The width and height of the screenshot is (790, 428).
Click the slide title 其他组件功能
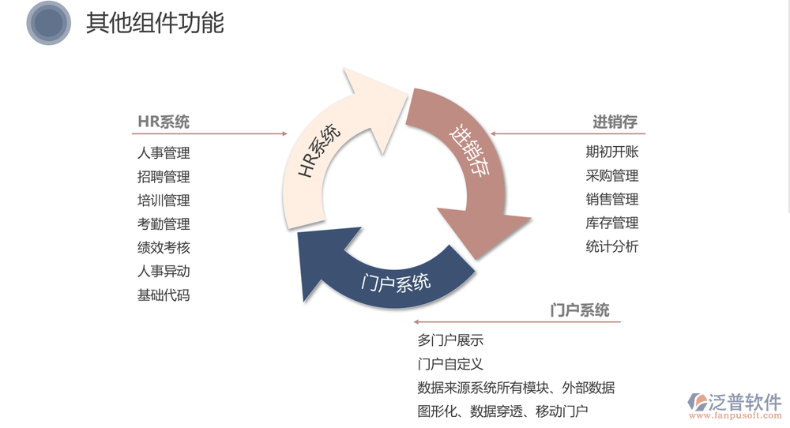[x=155, y=23]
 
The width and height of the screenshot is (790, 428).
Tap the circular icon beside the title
[x=49, y=23]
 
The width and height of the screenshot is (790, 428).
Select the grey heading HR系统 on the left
[x=164, y=122]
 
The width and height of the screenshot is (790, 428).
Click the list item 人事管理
[x=164, y=153]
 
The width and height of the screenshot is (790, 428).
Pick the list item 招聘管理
[x=164, y=177]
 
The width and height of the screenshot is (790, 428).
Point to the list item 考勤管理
[x=164, y=224]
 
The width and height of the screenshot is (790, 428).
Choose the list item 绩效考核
[x=164, y=248]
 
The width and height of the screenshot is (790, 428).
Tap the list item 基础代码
[x=164, y=295]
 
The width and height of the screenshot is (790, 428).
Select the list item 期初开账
[x=612, y=152]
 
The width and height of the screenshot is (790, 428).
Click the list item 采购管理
[x=612, y=176]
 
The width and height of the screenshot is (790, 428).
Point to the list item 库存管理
[x=612, y=223]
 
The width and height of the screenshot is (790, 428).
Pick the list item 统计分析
[x=612, y=246]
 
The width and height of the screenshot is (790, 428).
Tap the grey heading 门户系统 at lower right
[x=580, y=310]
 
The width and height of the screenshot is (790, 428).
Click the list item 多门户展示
[x=450, y=341]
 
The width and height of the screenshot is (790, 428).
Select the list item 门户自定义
[x=450, y=365]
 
